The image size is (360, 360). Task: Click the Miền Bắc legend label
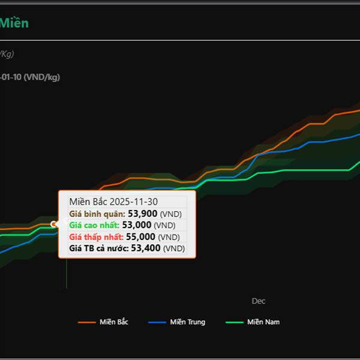[114, 322]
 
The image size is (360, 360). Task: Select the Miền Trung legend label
[187, 322]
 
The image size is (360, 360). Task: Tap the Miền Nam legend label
[263, 322]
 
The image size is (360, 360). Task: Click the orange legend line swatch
[87, 322]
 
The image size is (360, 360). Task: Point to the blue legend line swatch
[157, 322]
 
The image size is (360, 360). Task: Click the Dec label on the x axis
[258, 301]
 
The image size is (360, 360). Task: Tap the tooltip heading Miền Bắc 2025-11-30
[113, 202]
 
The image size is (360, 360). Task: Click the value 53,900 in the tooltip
[143, 214]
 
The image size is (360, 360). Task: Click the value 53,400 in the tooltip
[146, 248]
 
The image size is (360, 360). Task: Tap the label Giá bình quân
[97, 214]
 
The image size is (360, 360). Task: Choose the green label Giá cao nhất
[94, 225]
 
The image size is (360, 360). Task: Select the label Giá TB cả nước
[99, 248]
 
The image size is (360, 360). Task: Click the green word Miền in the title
[14, 23]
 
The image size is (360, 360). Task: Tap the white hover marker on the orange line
[54, 224]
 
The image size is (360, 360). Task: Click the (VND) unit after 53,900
[171, 214]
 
